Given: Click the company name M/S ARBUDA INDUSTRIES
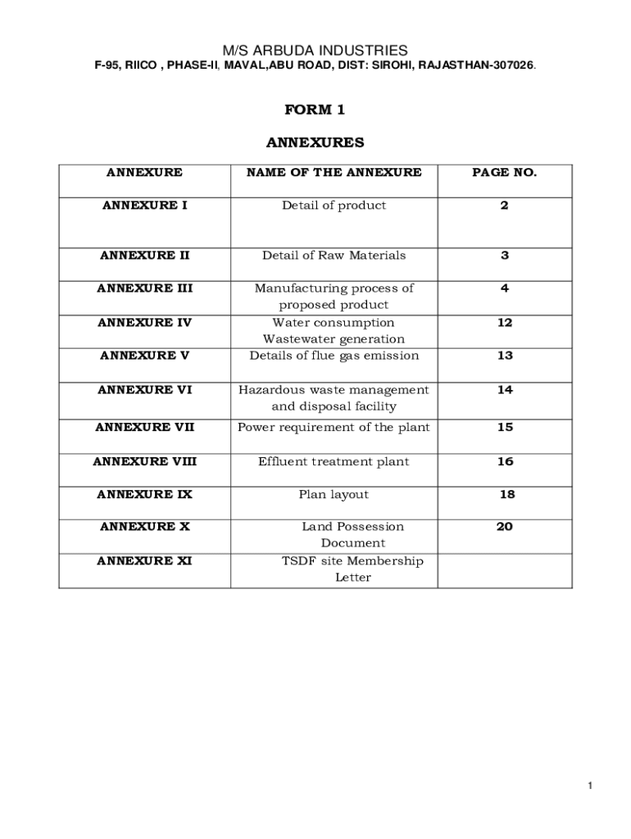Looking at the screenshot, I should click(x=315, y=50).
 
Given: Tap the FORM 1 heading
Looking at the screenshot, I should click(x=315, y=110).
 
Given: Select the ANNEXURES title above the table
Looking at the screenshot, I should click(x=315, y=143).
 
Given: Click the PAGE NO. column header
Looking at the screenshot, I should click(x=504, y=172).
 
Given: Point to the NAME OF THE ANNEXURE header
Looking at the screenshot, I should click(x=334, y=172).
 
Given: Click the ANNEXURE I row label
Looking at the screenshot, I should click(x=144, y=206).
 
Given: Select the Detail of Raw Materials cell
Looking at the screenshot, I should click(x=334, y=256).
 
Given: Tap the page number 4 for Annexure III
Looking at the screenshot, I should click(x=505, y=288).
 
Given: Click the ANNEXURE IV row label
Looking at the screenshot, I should click(x=144, y=323).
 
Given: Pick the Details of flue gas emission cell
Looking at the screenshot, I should click(x=334, y=356).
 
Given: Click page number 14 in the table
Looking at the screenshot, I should click(x=505, y=390).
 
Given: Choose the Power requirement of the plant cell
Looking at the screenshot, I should click(x=334, y=427).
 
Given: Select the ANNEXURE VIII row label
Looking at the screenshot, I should click(x=144, y=461).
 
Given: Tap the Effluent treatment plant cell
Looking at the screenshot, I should click(x=334, y=461).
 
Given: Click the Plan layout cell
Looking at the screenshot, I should click(x=334, y=495).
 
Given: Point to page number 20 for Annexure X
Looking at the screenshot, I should click(x=505, y=527).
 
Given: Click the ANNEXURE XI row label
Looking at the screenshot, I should click(x=144, y=561).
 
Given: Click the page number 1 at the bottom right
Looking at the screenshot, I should click(x=589, y=787).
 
